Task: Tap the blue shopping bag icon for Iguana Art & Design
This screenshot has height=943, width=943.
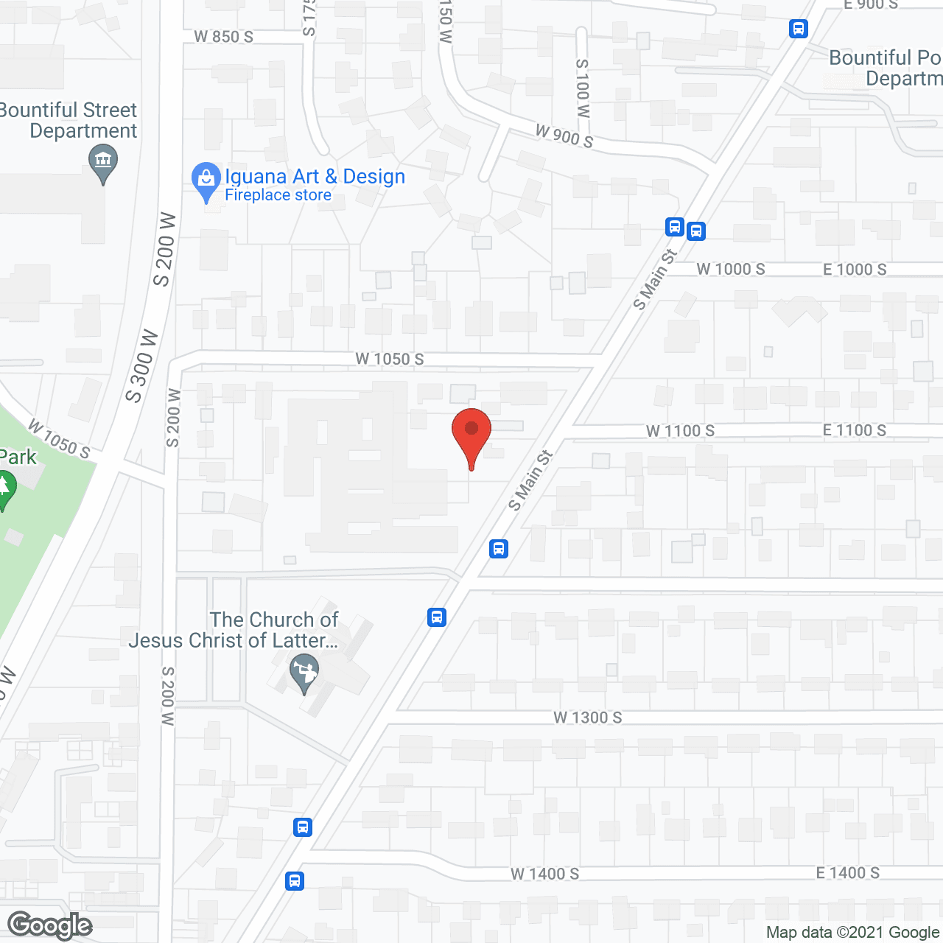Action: tap(206, 179)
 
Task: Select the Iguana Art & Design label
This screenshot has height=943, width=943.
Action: tap(315, 177)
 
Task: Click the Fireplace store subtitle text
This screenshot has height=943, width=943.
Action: tap(278, 195)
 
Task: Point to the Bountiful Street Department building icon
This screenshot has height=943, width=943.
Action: tap(102, 161)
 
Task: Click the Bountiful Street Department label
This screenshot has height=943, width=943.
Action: tap(70, 120)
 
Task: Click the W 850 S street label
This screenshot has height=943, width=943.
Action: tap(223, 36)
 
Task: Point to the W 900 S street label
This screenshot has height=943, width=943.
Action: tap(564, 136)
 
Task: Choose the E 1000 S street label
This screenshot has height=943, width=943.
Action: tap(855, 270)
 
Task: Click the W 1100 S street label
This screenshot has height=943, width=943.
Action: tap(680, 431)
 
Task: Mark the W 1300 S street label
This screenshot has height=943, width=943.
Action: tap(588, 718)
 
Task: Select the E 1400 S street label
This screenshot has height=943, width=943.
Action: tap(847, 873)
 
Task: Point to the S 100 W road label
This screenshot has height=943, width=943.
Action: tap(583, 88)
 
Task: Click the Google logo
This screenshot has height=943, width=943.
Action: tap(50, 925)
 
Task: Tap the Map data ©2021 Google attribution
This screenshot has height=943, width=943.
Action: tap(852, 933)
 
